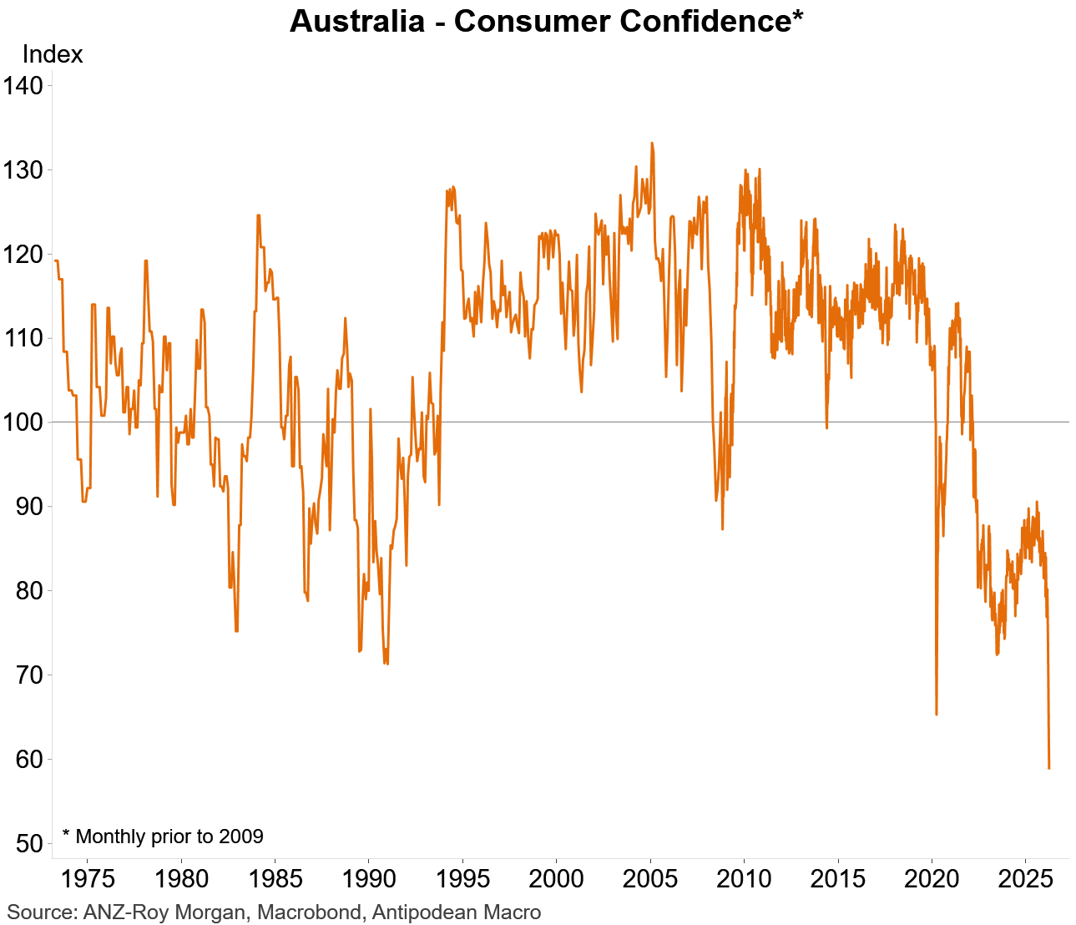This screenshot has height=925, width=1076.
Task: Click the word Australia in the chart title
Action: pyautogui.click(x=356, y=21)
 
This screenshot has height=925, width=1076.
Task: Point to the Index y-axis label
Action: pyautogui.click(x=52, y=54)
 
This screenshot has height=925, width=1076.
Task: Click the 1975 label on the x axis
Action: pyautogui.click(x=87, y=879)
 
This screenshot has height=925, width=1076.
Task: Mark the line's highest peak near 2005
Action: pyautogui.click(x=652, y=144)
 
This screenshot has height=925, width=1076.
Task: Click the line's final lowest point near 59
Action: pyautogui.click(x=1048, y=767)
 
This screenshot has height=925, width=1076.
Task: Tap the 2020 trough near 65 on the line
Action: pyautogui.click(x=936, y=714)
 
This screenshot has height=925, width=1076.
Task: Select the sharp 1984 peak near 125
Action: pyautogui.click(x=258, y=215)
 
